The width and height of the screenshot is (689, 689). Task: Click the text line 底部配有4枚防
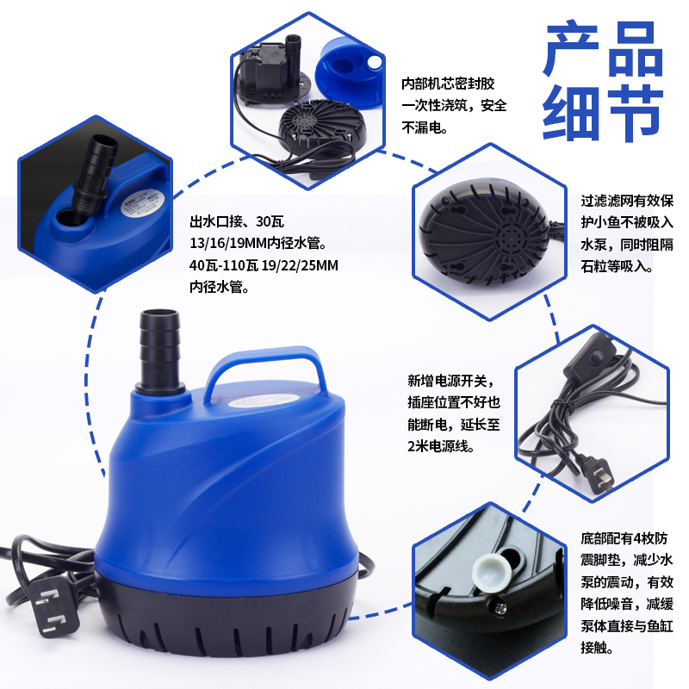point(624,537)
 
